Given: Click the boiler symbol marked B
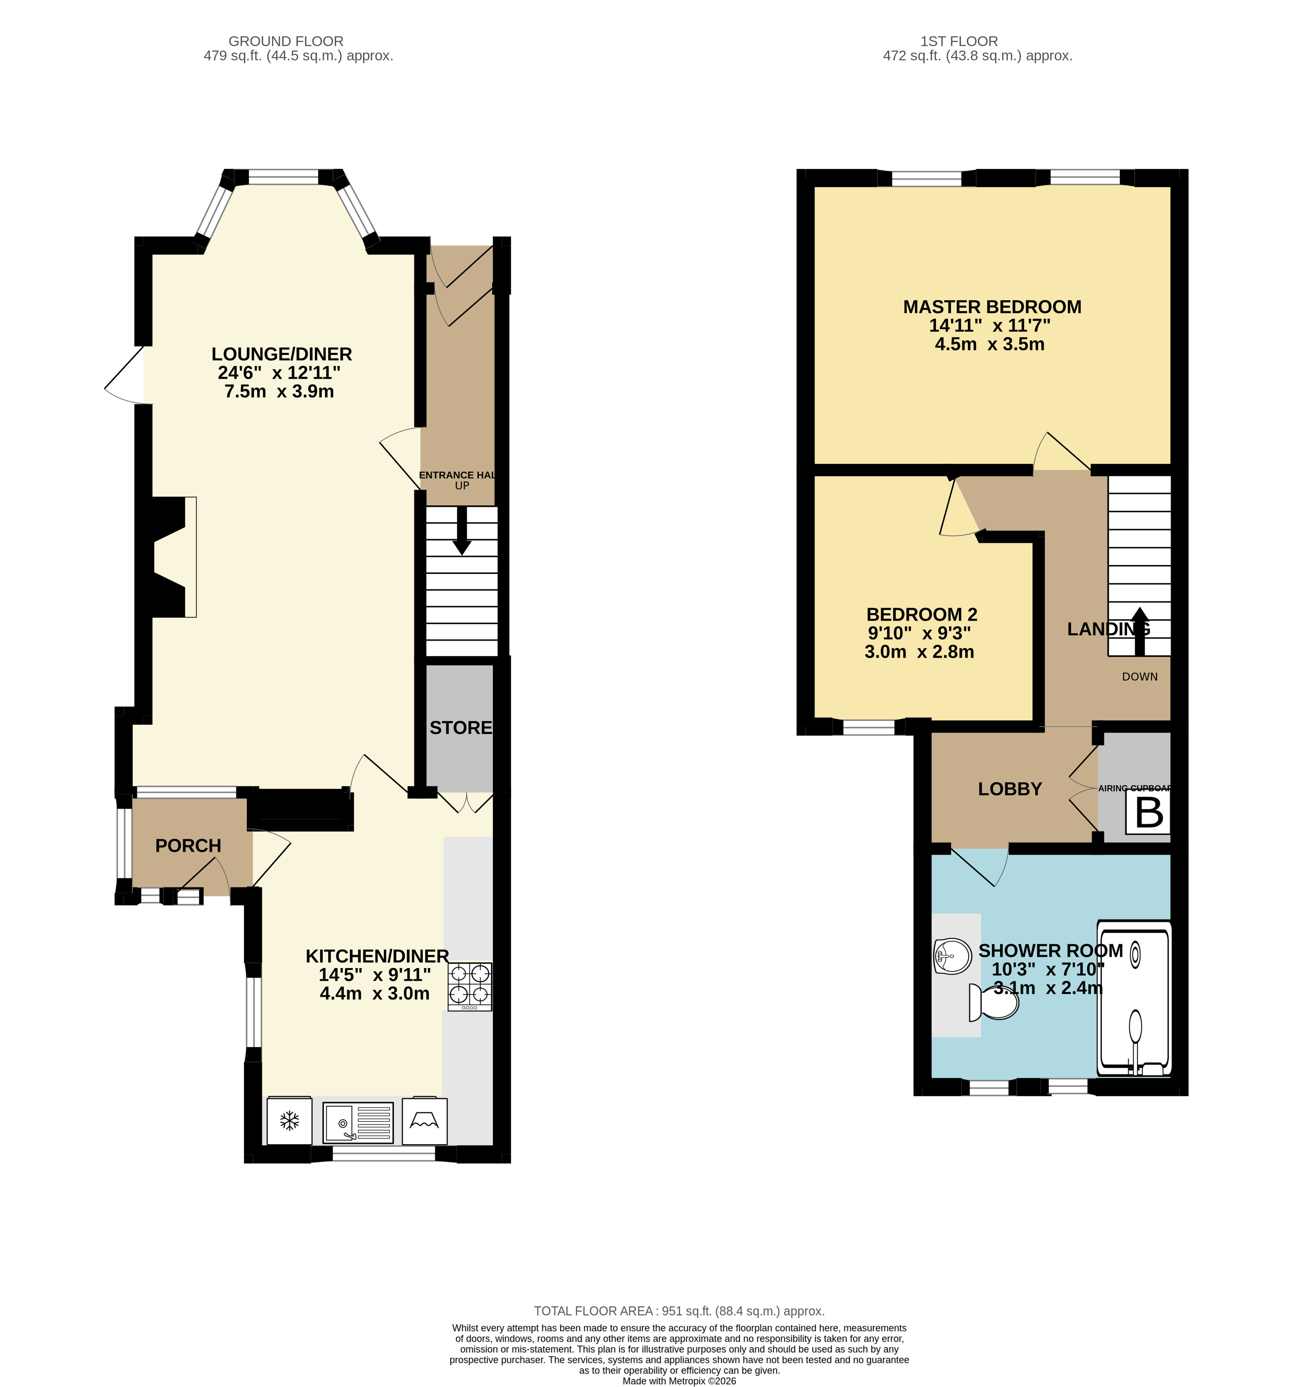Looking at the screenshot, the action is tap(1148, 812).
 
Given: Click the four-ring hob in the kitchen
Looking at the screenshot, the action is tap(470, 986).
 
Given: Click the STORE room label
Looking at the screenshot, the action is tap(460, 728).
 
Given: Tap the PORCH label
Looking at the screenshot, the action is tap(188, 845).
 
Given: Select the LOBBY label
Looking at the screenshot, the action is tap(1009, 789).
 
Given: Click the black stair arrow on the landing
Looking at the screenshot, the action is tap(1139, 632).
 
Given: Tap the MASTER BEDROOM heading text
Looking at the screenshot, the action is tap(992, 307).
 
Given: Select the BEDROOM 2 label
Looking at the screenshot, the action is tap(921, 615).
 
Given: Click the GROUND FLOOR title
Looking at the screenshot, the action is tap(286, 41).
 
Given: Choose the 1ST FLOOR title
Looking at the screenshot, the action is tap(959, 41).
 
